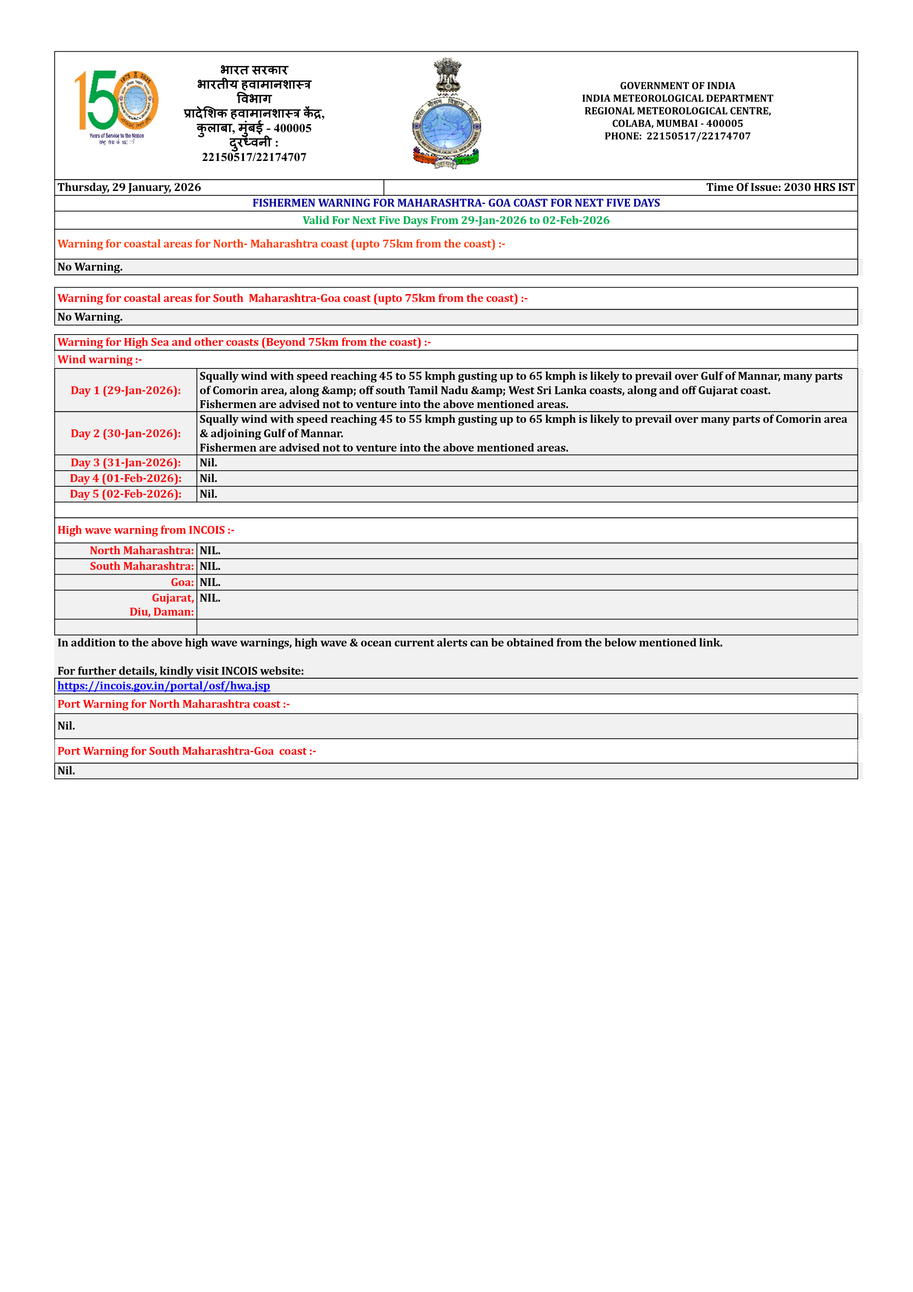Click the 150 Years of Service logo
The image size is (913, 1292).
tap(117, 107)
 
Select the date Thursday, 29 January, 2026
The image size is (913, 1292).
tap(130, 187)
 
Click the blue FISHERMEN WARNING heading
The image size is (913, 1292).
tap(456, 203)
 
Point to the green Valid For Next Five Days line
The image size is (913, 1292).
tap(456, 221)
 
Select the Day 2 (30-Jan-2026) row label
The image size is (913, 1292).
tap(126, 434)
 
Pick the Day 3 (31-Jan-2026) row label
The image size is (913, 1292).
tap(126, 462)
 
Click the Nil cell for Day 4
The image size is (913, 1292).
tap(209, 479)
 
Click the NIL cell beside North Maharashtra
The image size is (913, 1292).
tap(210, 551)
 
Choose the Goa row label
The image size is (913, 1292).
tap(182, 582)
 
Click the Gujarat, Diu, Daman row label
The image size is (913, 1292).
tap(162, 605)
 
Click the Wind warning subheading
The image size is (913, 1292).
tap(100, 360)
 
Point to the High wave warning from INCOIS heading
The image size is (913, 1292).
tap(146, 530)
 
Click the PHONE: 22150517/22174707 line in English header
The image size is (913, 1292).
tap(677, 136)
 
